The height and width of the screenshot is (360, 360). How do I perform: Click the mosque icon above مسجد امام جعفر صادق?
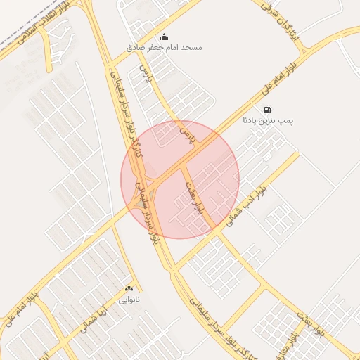165,37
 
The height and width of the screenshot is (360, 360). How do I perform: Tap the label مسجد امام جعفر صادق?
164,47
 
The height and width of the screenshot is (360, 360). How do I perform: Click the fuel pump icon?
268,110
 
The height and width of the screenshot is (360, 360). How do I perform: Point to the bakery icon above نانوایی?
129,289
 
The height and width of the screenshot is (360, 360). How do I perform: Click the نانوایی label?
129,300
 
